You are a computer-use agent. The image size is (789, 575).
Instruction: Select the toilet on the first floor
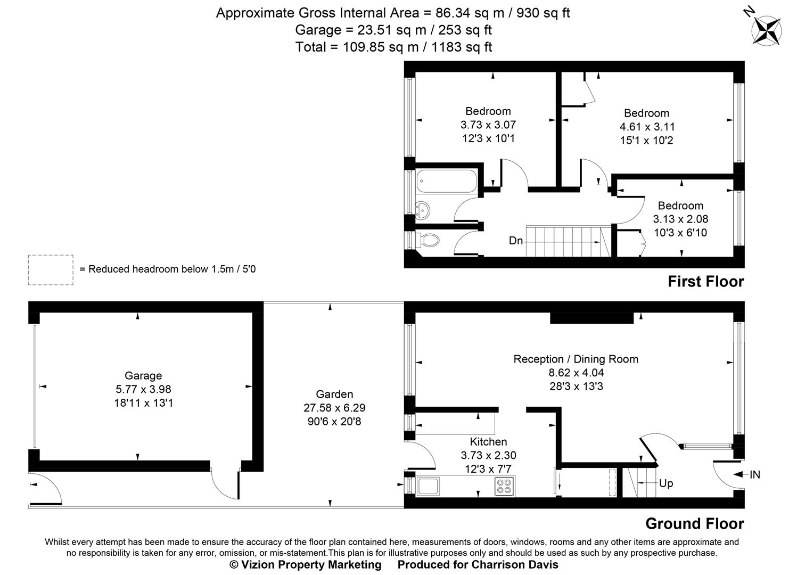(429, 241)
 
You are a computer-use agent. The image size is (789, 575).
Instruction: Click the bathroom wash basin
(424, 210)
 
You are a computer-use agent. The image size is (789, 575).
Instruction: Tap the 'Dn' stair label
(516, 241)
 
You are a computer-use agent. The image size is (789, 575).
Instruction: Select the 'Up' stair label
(666, 483)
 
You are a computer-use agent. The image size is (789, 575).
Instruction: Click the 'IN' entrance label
(755, 474)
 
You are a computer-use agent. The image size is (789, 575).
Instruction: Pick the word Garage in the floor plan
(143, 375)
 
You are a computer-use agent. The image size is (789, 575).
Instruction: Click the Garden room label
(334, 394)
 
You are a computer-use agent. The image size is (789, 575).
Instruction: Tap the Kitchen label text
(488, 441)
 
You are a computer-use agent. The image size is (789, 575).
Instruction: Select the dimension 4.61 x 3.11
(646, 127)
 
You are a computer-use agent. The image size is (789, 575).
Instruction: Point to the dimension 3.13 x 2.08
(680, 219)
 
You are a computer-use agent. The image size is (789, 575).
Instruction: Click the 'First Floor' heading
(705, 281)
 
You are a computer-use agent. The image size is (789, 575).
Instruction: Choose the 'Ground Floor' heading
(694, 523)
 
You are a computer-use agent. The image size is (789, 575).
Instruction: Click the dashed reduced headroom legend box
(51, 270)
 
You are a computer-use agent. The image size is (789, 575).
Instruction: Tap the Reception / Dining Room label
(576, 359)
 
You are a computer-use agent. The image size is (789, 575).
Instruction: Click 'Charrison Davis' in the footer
(515, 564)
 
